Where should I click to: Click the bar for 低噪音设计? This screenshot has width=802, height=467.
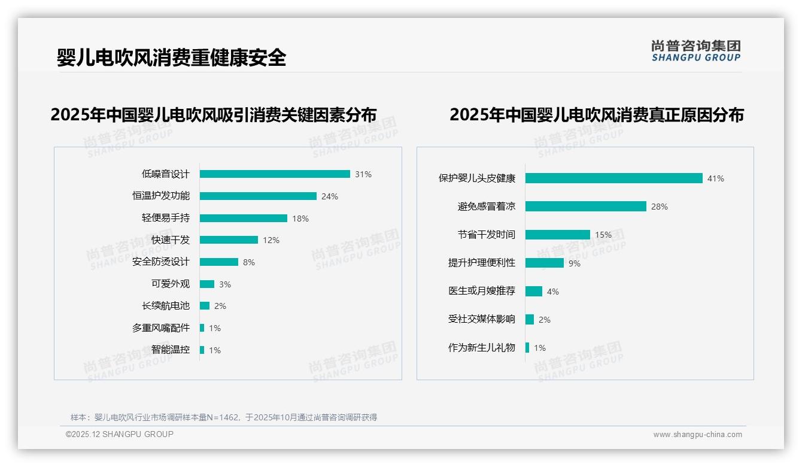(x=275, y=174)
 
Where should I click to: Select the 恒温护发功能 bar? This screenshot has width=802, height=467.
(x=258, y=196)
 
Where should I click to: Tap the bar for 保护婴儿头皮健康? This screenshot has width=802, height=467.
(x=613, y=178)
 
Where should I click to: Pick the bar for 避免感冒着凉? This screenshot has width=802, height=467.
(x=585, y=207)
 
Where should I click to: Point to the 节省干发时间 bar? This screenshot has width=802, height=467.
(x=557, y=235)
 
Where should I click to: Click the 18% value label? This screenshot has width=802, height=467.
(x=300, y=219)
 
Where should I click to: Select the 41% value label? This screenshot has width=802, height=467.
(x=716, y=178)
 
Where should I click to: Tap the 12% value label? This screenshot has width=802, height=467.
(x=271, y=240)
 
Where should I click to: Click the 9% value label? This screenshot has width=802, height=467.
(x=575, y=263)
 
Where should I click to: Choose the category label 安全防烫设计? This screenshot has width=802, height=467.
(x=161, y=262)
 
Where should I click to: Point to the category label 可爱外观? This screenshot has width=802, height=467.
(x=171, y=284)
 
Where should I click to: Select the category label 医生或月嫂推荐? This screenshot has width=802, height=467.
(x=482, y=291)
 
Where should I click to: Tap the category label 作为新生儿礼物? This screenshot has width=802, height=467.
(x=482, y=347)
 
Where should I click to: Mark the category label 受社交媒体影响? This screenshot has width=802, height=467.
(x=482, y=319)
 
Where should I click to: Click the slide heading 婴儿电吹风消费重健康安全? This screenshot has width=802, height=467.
(x=171, y=57)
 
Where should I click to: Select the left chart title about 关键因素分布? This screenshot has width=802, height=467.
(x=214, y=114)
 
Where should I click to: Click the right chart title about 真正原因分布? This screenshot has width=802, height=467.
(x=596, y=114)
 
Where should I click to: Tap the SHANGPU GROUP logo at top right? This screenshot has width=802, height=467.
(x=696, y=51)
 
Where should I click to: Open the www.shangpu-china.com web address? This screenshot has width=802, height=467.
(x=697, y=435)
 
